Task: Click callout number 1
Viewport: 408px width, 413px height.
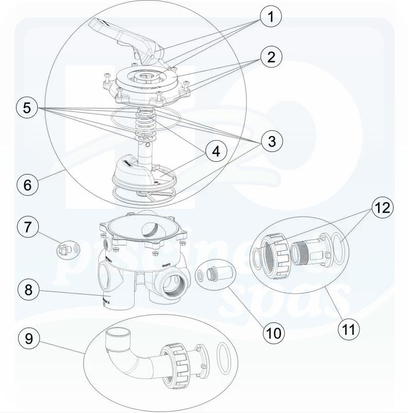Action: [x=270, y=17]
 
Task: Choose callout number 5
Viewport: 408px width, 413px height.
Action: [x=27, y=108]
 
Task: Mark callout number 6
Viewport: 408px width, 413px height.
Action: [x=27, y=184]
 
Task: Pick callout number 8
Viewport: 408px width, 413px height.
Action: [x=28, y=289]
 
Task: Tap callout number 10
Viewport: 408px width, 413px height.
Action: [x=273, y=333]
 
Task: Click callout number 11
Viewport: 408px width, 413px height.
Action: [x=349, y=329]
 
